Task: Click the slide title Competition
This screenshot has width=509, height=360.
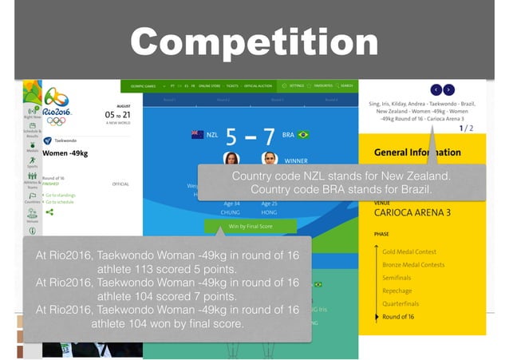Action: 254,42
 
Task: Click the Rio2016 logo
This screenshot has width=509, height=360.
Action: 57,111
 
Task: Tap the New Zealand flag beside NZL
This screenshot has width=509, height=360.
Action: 197,135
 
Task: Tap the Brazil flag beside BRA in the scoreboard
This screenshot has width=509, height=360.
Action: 303,135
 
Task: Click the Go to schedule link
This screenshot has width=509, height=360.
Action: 63,202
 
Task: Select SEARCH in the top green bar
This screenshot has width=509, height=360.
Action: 345,85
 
